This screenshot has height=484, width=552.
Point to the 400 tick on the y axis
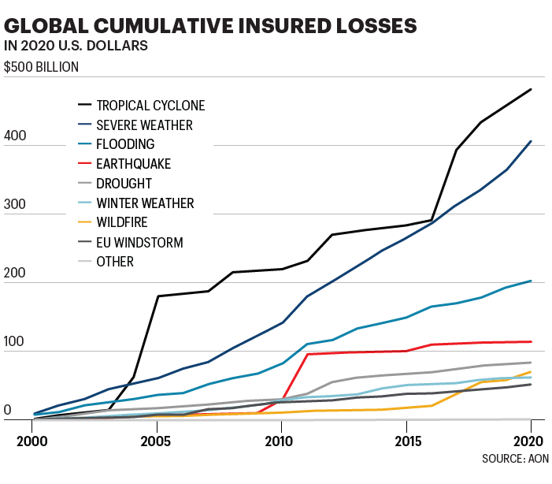click(x=15, y=136)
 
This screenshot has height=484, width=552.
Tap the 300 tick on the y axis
click(x=15, y=205)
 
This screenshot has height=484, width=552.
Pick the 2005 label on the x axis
click(x=156, y=440)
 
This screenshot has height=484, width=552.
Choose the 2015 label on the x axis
click(x=406, y=440)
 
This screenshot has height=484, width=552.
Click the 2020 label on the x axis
click(x=530, y=440)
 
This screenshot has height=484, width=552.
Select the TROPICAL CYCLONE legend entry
click(x=150, y=105)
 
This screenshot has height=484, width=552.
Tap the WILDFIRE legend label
click(x=122, y=223)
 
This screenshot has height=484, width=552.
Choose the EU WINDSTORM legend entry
click(x=139, y=243)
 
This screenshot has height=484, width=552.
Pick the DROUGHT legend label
click(x=124, y=184)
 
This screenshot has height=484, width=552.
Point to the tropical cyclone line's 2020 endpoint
click(x=531, y=90)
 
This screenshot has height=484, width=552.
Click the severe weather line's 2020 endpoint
click(x=531, y=142)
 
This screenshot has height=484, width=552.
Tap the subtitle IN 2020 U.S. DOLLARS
click(x=76, y=46)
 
